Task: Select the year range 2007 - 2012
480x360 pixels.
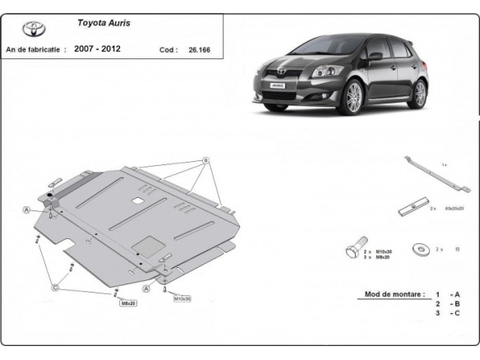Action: point(97,49)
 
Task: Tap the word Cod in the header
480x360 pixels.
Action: point(168,49)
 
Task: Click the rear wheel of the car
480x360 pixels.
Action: point(420,92)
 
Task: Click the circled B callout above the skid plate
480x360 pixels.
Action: point(205,159)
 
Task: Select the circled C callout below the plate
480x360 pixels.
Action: point(55,287)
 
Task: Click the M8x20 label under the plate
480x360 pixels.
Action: point(128,303)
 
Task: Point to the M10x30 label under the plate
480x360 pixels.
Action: point(182,298)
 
